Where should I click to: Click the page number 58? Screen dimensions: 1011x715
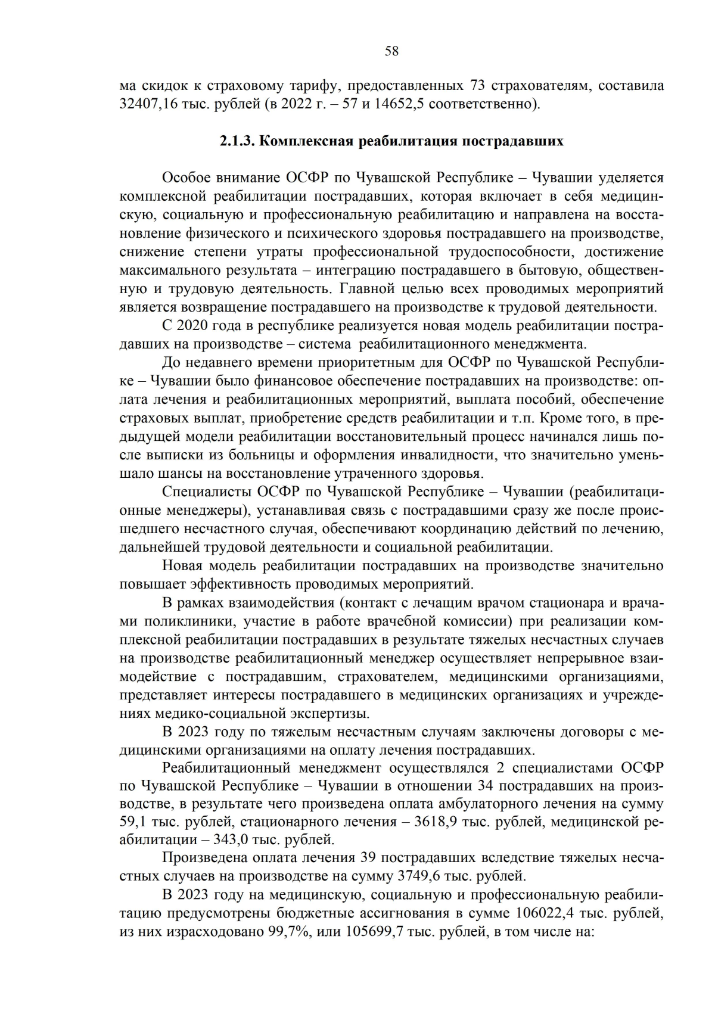[x=391, y=51]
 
